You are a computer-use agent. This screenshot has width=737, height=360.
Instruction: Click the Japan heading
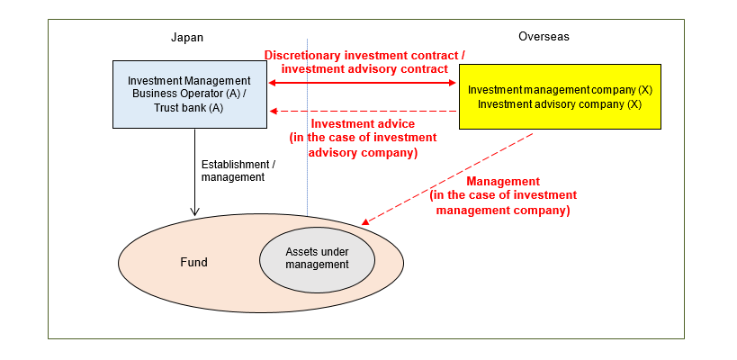(x=187, y=37)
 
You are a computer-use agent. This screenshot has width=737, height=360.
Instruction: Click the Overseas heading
(x=544, y=37)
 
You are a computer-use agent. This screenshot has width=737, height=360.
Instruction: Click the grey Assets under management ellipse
(x=317, y=258)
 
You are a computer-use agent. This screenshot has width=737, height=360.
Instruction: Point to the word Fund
(x=193, y=263)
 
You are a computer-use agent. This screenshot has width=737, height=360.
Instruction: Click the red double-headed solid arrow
(x=364, y=83)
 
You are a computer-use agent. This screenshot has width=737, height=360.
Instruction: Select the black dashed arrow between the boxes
(x=364, y=110)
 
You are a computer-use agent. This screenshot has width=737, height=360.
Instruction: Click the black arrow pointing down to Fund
(x=195, y=171)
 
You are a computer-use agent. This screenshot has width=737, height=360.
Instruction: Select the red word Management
(x=503, y=181)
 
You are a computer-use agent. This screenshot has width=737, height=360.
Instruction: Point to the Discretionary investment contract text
(x=364, y=55)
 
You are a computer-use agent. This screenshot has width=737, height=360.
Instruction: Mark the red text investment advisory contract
(x=364, y=68)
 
